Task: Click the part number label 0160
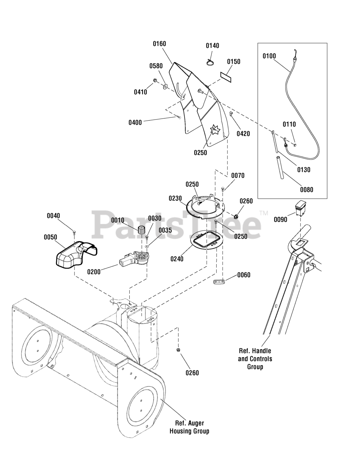click(x=159, y=44)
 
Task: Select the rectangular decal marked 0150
click(x=226, y=77)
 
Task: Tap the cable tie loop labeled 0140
click(x=210, y=62)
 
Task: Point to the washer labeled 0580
click(x=165, y=86)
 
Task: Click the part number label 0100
click(x=269, y=56)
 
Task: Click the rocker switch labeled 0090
click(x=300, y=208)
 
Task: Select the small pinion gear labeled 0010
click(x=141, y=230)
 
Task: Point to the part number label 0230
click(x=175, y=198)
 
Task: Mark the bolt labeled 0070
click(x=223, y=189)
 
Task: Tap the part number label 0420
click(x=243, y=134)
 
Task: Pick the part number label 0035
click(x=165, y=230)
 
